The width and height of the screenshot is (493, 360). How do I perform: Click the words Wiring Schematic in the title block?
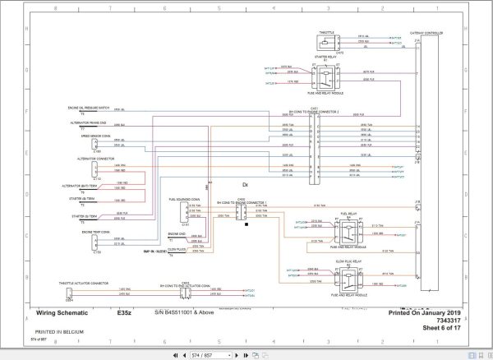pyautogui.click(x=61, y=312)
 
